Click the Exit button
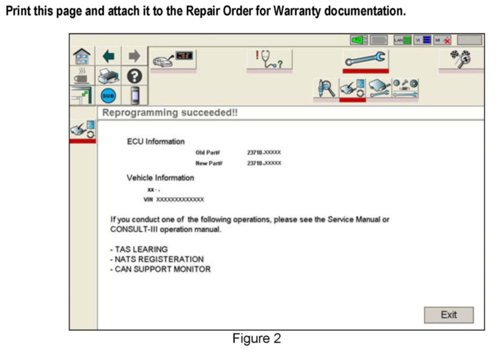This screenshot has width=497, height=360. click(449, 315)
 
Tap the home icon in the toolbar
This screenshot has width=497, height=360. click(82, 56)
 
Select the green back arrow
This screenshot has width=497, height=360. click(109, 56)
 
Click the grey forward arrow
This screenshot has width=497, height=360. click(134, 56)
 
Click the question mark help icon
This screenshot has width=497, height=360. click(134, 76)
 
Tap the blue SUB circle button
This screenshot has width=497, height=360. click(109, 96)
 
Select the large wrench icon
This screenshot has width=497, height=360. click(365, 59)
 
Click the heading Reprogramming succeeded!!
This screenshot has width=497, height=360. click(170, 113)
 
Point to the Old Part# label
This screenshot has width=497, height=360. click(208, 153)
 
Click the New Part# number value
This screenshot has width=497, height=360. click(264, 163)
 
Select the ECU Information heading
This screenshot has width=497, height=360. click(156, 142)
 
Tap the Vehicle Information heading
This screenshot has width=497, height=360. click(160, 178)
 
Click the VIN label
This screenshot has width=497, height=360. click(148, 199)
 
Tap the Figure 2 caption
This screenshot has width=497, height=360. click(256, 338)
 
